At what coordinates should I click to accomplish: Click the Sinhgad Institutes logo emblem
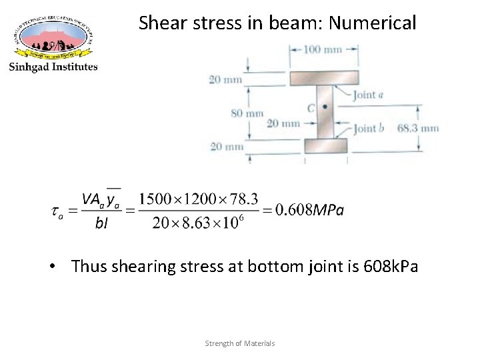click(53, 35)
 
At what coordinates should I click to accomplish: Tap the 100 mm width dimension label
click(325, 50)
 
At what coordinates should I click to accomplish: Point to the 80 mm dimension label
click(247, 113)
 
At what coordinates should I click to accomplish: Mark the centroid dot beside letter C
click(325, 107)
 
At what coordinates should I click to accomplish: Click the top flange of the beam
click(324, 78)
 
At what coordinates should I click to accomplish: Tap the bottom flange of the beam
click(325, 145)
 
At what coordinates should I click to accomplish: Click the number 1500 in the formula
click(155, 199)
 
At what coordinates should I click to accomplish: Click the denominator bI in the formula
click(103, 223)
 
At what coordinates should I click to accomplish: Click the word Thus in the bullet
click(88, 267)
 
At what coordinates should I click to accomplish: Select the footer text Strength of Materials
click(240, 343)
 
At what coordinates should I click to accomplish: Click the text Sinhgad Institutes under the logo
click(53, 66)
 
